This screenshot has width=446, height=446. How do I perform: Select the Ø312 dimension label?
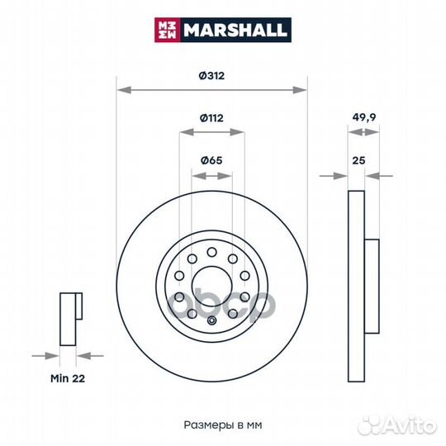[212, 74]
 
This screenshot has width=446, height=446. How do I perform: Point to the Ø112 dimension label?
[212, 117]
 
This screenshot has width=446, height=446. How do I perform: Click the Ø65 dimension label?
[212, 159]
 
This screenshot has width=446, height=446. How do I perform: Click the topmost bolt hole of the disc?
[211, 252]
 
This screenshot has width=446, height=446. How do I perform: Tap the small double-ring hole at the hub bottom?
[211, 322]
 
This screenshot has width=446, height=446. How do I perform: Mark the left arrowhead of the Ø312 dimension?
[121, 88]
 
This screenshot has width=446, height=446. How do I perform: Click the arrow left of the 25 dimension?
[339, 175]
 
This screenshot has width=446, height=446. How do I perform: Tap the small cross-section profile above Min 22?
[69, 318]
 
